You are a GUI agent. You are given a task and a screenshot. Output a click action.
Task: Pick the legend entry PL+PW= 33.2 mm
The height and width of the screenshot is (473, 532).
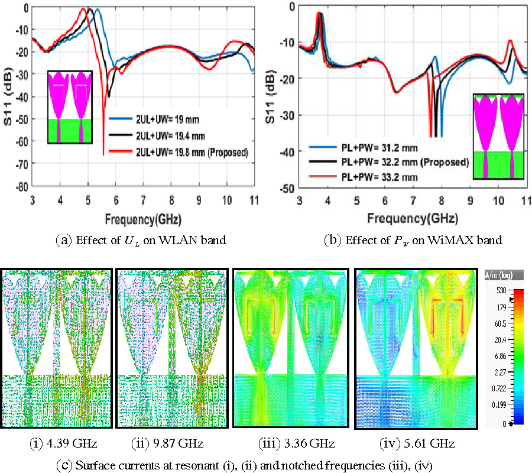click(x=356, y=176)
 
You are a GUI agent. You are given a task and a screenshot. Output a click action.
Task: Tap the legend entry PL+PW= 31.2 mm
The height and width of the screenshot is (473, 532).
click(x=356, y=148)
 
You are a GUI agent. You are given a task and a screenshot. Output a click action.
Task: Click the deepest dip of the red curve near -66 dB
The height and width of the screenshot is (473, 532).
click(x=103, y=155)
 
